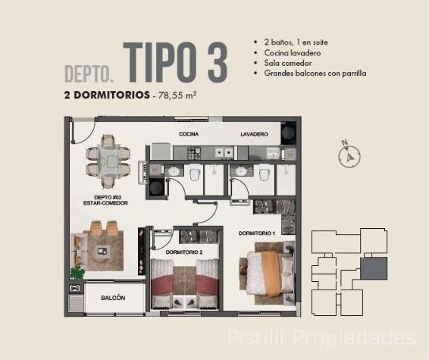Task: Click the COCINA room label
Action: coord(189,134)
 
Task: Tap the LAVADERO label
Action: coord(254,134)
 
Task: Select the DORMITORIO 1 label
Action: coord(257,233)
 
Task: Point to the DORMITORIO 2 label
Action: coord(184,252)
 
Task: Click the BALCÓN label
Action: coord(113,298)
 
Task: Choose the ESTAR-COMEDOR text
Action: coord(105,203)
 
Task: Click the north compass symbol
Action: coord(349,155)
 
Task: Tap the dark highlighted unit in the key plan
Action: coord(374,268)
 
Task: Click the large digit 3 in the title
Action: coord(218,63)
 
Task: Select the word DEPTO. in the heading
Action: coord(89,74)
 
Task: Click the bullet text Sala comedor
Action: coord(288,63)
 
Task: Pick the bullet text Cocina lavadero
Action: coord(293,53)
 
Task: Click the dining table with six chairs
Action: coord(108,161)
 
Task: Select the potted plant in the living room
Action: coord(77,273)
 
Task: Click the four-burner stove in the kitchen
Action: coord(194,153)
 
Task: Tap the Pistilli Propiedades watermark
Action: coord(321,338)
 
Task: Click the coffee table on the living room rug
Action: coord(102,251)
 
